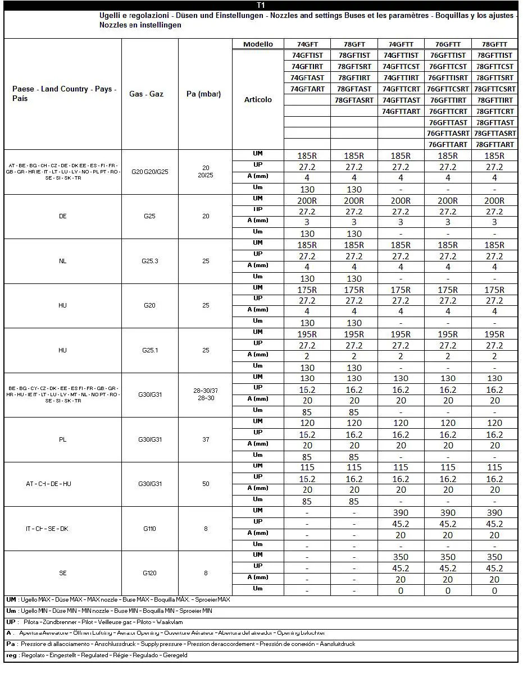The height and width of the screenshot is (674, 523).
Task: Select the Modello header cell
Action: (258, 44)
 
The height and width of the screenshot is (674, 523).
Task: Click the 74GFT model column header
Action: (307, 44)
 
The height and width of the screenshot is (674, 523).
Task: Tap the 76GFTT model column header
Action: (448, 44)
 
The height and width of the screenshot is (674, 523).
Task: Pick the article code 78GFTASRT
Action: (354, 100)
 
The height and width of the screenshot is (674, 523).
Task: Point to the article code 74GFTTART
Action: (401, 111)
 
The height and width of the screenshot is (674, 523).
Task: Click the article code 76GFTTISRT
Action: (448, 77)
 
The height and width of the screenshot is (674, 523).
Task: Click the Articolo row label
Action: (258, 99)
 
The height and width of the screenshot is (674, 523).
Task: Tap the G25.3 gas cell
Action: (150, 261)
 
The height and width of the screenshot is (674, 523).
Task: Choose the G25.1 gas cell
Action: (150, 350)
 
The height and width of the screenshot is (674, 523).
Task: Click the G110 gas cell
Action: (150, 529)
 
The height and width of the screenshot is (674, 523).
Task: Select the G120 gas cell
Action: (150, 573)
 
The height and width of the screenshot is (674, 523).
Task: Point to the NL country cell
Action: (62, 261)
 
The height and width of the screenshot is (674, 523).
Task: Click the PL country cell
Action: (62, 439)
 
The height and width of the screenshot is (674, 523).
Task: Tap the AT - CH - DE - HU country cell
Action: (48, 484)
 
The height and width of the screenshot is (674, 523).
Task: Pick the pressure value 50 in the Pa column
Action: (206, 484)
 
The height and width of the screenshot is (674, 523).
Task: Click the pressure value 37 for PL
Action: (206, 439)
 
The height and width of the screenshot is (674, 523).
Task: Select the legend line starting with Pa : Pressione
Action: (180, 644)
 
